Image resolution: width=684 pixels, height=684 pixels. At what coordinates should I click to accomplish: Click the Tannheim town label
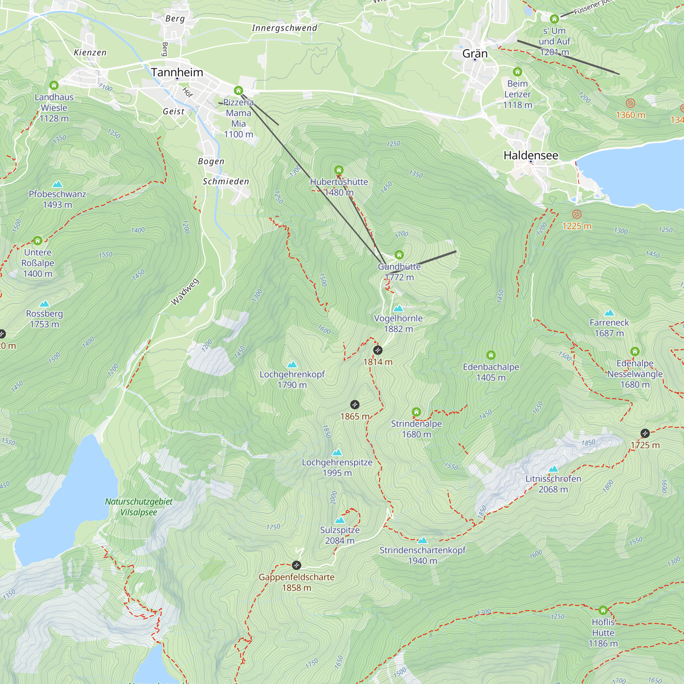click(x=177, y=72)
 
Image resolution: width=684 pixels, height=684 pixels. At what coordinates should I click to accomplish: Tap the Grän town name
click(x=475, y=54)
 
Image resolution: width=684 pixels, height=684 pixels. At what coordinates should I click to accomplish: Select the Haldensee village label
click(x=531, y=155)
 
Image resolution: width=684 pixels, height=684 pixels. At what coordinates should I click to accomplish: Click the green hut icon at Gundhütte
click(x=399, y=255)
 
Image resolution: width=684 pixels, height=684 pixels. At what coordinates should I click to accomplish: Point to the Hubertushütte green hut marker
click(x=339, y=170)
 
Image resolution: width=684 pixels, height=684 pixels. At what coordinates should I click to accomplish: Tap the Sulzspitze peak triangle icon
click(x=340, y=520)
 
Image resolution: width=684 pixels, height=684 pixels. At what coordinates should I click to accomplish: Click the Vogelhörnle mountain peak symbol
click(x=398, y=308)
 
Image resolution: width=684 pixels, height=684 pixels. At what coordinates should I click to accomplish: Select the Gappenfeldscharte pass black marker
click(x=296, y=565)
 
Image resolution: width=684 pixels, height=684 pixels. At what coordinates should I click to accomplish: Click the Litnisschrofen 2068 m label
click(x=553, y=484)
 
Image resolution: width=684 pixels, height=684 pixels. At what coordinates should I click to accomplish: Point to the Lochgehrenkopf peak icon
click(x=292, y=364)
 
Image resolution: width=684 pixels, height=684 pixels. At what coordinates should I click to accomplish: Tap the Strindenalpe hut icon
click(x=416, y=412)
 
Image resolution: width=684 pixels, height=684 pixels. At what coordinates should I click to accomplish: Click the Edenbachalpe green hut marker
click(x=491, y=355)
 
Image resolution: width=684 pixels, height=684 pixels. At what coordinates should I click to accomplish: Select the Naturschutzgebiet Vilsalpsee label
click(x=139, y=507)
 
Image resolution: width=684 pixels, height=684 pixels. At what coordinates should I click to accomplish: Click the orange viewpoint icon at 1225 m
click(x=577, y=214)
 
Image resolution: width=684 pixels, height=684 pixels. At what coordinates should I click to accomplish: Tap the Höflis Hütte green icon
click(x=603, y=610)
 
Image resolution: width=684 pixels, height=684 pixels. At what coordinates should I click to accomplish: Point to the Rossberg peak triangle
click(x=44, y=304)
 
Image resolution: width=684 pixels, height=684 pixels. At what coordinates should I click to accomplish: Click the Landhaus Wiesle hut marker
click(x=54, y=85)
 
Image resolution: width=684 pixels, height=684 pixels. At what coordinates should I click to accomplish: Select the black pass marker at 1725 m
click(x=645, y=433)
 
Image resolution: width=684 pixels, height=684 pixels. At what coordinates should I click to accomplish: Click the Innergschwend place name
click(x=284, y=28)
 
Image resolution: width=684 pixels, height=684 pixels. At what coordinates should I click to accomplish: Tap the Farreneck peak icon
click(x=609, y=313)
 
